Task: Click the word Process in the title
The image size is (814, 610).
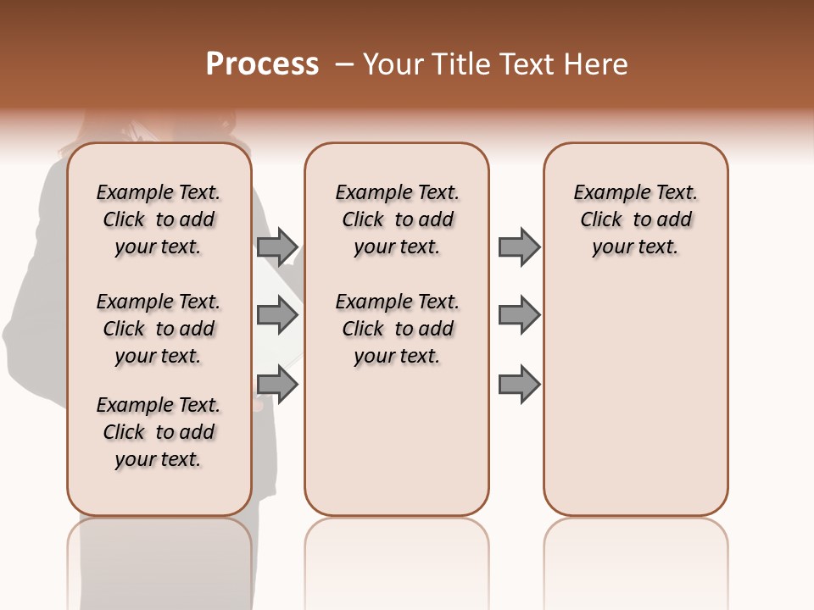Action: coord(262,64)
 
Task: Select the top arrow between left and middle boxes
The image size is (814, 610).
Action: coord(277,247)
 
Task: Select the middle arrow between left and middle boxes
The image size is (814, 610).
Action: coord(277,315)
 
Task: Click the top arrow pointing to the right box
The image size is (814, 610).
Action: coord(519,247)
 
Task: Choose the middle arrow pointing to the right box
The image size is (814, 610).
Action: coord(519,315)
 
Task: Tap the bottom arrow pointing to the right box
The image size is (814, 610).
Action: coord(519,384)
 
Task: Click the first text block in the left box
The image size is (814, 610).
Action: coord(159,219)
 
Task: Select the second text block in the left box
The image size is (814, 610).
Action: coord(159,329)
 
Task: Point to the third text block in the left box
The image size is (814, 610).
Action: coord(159,432)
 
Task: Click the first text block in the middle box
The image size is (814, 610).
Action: coord(397,219)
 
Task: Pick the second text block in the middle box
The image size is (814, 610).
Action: coord(397,329)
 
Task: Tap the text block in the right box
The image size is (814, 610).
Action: coord(636,219)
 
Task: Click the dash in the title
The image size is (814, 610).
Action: coord(344,64)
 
